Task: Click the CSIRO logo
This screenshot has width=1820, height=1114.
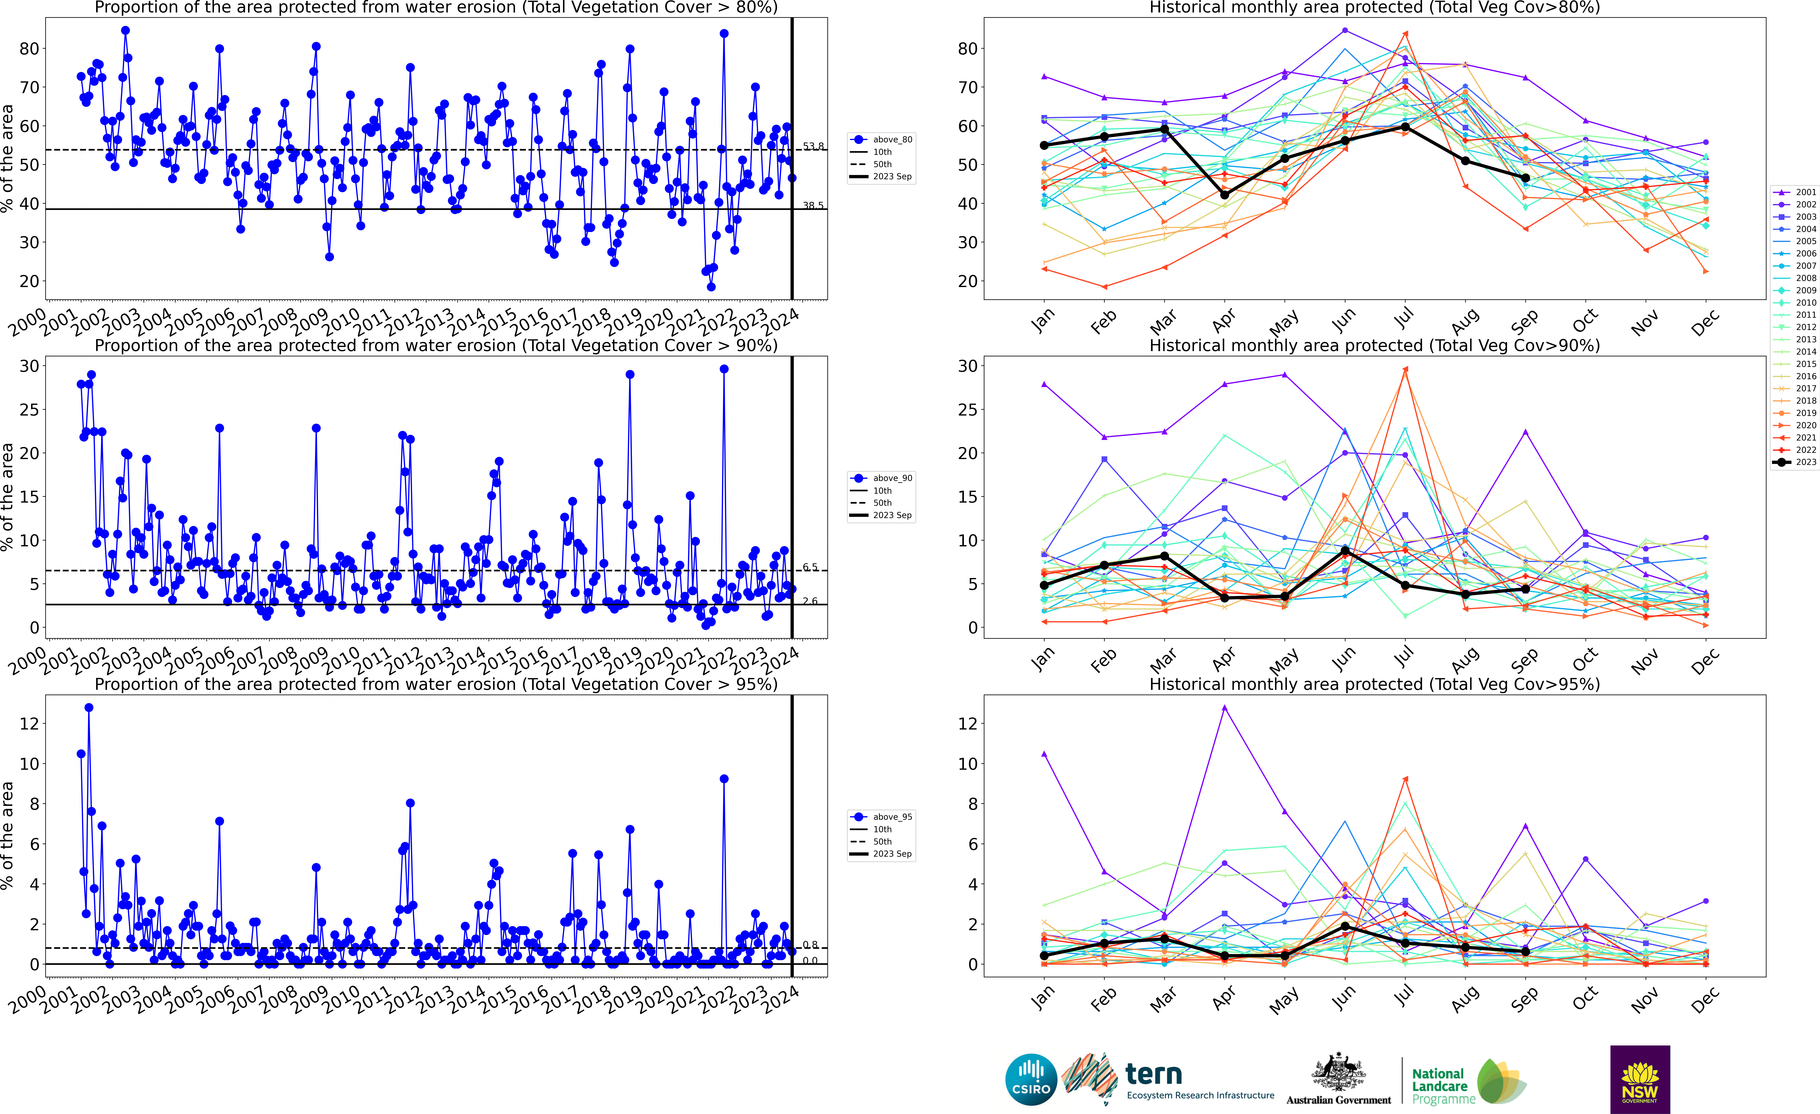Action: [1031, 1079]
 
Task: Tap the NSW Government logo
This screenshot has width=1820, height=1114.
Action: [1640, 1079]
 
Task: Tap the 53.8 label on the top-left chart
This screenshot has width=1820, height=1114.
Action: [813, 146]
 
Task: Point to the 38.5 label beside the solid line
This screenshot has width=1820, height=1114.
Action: [813, 205]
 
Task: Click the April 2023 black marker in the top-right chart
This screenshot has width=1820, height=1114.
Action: [1225, 194]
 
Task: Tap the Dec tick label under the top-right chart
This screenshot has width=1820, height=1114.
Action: [1705, 324]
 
